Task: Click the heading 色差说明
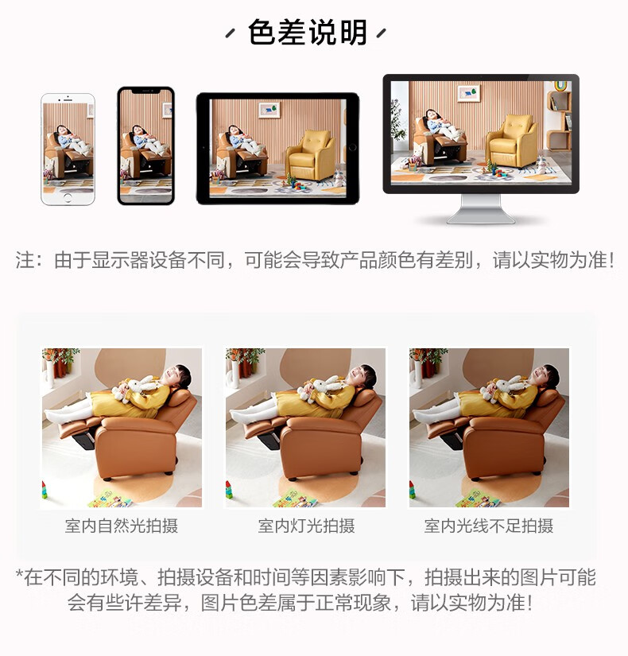tap(307, 33)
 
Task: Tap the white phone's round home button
tap(68, 197)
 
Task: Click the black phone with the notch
tap(145, 146)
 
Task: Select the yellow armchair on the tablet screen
tap(310, 155)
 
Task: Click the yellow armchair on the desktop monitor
tap(512, 140)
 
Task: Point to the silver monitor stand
tap(481, 209)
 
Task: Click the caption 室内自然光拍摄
tap(122, 526)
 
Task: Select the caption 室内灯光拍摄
tap(306, 526)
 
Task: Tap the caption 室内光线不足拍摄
tap(489, 526)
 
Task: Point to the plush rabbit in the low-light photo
tap(503, 388)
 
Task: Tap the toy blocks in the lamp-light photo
tap(229, 490)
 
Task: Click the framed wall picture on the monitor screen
tap(468, 92)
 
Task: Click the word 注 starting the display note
tap(25, 260)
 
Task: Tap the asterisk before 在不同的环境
tap(19, 573)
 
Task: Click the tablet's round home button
tap(352, 147)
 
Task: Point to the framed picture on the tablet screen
tap(269, 110)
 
